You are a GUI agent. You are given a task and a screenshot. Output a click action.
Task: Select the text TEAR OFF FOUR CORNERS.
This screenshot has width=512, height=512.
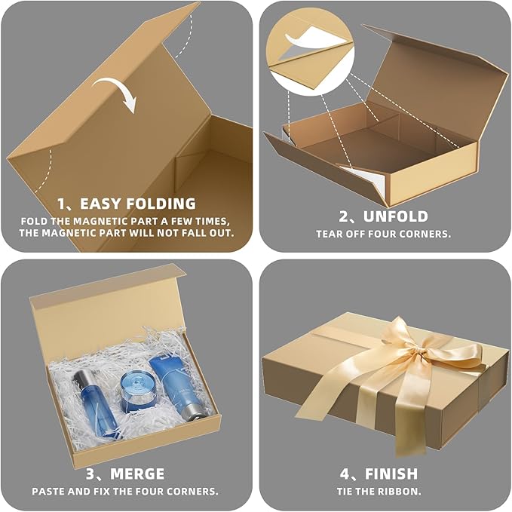coord(384,234)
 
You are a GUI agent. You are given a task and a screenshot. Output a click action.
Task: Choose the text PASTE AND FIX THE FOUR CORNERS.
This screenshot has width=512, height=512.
coord(125,491)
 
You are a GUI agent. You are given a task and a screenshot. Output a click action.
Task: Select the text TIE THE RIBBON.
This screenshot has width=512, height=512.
coord(384,491)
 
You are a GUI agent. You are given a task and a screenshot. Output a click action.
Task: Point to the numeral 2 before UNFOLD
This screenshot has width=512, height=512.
coord(342,216)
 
